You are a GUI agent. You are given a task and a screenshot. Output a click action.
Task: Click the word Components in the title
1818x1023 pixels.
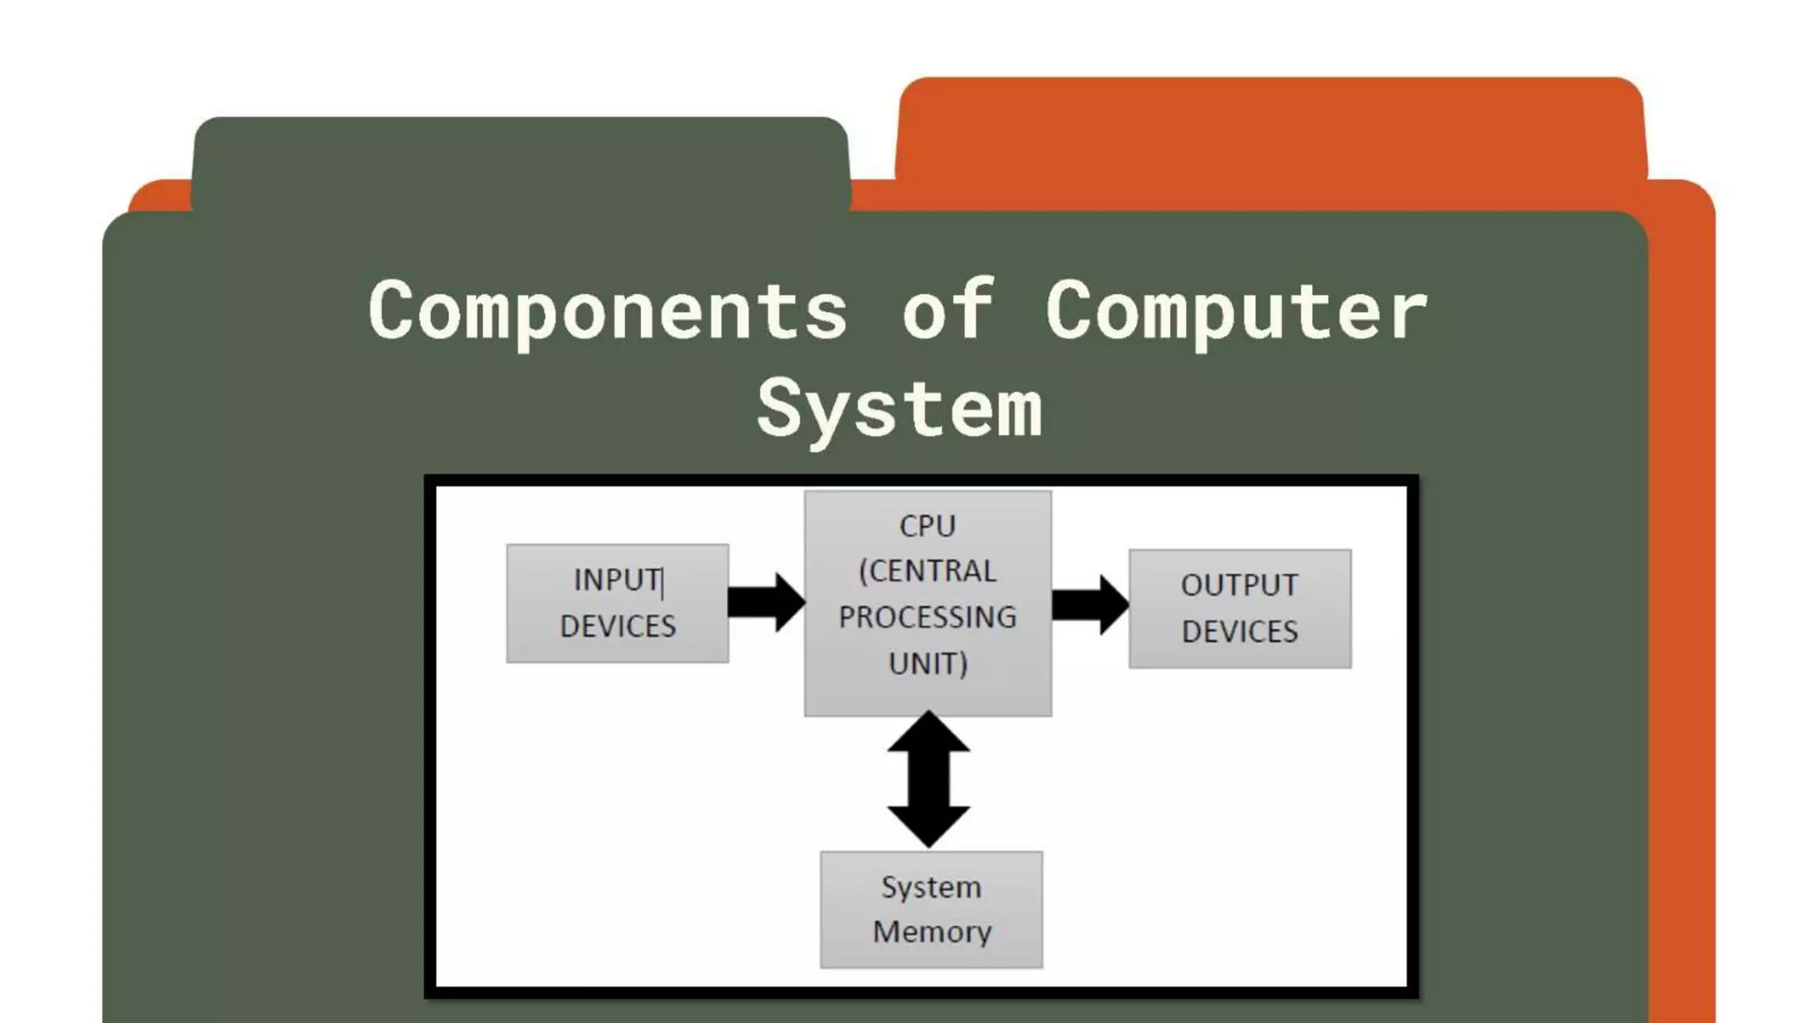click(608, 311)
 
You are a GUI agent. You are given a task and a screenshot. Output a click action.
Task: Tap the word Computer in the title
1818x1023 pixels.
click(1236, 311)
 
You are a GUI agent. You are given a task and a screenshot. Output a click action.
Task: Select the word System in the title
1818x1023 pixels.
click(899, 409)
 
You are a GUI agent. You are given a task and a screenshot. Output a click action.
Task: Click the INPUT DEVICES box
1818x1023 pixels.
click(617, 603)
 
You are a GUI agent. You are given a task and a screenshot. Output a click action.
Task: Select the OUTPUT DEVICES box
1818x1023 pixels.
click(1239, 608)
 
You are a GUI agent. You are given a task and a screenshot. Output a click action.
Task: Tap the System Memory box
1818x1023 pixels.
click(931, 909)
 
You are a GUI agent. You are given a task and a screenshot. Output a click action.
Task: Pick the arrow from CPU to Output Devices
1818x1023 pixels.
click(1089, 605)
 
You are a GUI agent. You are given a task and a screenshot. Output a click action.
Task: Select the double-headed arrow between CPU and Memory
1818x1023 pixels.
click(929, 779)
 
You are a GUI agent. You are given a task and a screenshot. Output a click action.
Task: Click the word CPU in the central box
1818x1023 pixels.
click(928, 526)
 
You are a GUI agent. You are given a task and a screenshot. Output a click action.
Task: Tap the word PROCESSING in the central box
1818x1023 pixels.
click(928, 617)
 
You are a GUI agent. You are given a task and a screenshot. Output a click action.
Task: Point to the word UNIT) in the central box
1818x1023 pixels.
click(928, 663)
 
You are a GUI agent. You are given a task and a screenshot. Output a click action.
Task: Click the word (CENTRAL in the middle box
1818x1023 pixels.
click(928, 571)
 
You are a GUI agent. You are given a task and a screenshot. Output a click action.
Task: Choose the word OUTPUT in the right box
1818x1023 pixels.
click(1239, 585)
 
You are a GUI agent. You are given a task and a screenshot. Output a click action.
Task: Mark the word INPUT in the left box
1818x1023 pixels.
click(616, 580)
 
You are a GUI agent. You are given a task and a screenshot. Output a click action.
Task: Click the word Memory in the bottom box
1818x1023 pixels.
click(931, 932)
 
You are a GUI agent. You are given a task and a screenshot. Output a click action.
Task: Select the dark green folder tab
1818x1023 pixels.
click(520, 164)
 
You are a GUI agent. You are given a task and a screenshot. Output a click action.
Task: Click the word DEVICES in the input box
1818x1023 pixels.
click(618, 627)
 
